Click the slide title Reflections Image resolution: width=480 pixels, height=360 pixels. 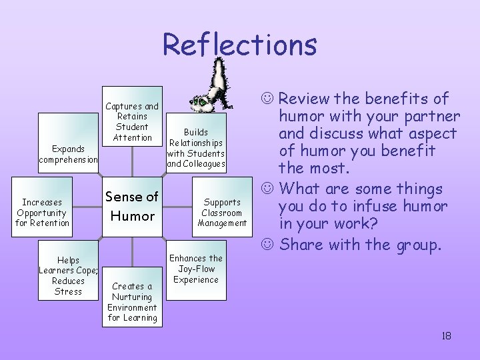[239, 45]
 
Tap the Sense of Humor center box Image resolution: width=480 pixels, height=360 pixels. [132, 206]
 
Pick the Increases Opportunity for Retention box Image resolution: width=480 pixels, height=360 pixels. [43, 212]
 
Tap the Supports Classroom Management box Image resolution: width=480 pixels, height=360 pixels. [222, 212]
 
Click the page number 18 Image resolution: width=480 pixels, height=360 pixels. [446, 335]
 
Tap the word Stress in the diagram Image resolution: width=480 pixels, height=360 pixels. [69, 291]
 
